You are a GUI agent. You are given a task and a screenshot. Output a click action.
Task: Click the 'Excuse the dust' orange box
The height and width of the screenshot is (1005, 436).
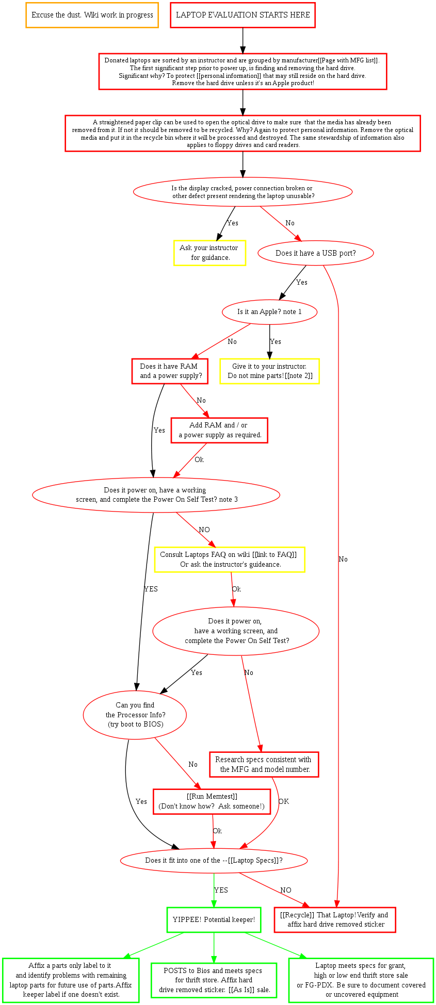92,15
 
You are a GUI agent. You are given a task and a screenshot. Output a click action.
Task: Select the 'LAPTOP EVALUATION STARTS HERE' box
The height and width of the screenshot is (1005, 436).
243,15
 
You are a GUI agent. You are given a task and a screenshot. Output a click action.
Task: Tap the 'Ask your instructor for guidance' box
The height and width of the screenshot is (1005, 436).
209,253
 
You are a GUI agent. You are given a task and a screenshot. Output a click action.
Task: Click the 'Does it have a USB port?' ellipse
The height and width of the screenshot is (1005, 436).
315,253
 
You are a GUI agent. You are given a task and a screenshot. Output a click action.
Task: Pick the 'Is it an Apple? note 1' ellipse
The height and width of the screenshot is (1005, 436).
269,312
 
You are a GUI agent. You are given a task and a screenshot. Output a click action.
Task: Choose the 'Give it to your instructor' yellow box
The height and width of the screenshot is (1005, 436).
269,371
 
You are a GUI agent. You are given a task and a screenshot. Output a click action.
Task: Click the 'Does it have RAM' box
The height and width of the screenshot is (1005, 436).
170,371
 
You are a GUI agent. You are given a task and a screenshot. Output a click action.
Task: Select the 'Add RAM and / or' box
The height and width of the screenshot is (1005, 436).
219,430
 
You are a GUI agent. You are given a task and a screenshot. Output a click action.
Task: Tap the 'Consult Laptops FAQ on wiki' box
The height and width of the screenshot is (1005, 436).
229,559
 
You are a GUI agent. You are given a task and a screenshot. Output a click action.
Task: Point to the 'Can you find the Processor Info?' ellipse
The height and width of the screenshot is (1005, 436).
135,715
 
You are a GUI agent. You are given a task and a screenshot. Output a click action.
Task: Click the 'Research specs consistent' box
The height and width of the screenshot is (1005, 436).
264,764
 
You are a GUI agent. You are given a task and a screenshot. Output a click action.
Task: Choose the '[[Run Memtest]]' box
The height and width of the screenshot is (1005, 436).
212,801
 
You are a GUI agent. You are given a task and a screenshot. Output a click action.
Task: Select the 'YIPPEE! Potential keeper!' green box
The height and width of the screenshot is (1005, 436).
214,919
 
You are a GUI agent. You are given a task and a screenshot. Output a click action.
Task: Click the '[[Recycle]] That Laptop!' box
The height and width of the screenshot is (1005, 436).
334,919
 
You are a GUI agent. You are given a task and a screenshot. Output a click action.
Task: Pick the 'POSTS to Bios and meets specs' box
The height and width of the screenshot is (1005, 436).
214,980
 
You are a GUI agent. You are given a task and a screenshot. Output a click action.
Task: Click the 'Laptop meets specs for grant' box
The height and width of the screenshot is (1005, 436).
361,980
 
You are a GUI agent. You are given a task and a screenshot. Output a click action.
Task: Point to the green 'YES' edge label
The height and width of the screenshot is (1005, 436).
221,891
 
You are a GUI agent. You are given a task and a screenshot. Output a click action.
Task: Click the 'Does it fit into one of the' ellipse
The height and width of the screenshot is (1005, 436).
214,861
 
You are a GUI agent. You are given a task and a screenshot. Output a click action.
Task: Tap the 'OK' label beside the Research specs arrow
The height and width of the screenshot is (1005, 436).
283,802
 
